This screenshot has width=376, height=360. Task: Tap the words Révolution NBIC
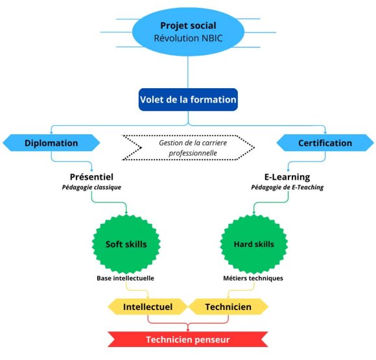coord(187,38)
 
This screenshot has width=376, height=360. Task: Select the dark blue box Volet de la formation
coord(188,101)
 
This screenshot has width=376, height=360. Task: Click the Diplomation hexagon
coord(51,143)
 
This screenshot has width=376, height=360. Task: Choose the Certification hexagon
coord(325,143)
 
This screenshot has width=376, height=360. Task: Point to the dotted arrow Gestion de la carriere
coord(188,148)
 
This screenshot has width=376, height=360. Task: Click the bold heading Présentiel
coord(95,176)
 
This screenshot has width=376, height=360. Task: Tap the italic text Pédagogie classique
coord(95,187)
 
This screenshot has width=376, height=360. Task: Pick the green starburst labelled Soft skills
coord(126,245)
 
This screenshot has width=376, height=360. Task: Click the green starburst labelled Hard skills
coord(253,245)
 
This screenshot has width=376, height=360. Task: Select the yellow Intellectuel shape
coord(147,306)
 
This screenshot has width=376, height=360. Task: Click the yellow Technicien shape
coord(228,306)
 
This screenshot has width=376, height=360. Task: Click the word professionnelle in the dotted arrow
coord(188,154)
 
